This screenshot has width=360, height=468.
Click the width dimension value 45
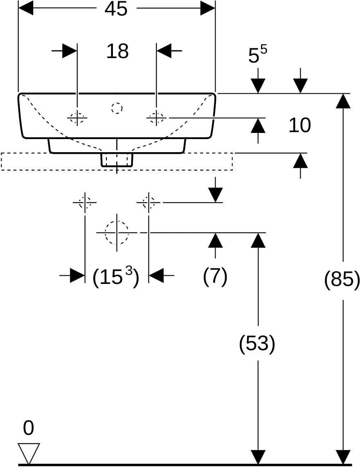tap(116, 9)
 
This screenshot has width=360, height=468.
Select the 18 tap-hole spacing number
tap(117, 51)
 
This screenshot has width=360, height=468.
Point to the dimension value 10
tap(299, 125)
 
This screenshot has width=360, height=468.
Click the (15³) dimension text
tap(115, 277)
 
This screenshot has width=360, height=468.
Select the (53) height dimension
tap(257, 344)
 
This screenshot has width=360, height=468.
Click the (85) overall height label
tap(342, 280)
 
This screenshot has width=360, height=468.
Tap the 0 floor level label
tap(28, 428)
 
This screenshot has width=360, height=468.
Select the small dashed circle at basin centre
tap(117, 108)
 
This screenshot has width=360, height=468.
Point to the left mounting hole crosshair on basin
tap(77, 118)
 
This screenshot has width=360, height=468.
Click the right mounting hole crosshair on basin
tap(156, 118)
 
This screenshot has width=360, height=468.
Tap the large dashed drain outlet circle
tap(117, 232)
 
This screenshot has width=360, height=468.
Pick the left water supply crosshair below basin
tap(85, 202)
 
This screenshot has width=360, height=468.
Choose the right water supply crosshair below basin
tap(148, 202)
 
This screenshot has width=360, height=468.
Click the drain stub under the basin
tap(117, 160)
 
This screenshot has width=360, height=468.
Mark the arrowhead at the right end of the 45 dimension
tap(208, 9)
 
